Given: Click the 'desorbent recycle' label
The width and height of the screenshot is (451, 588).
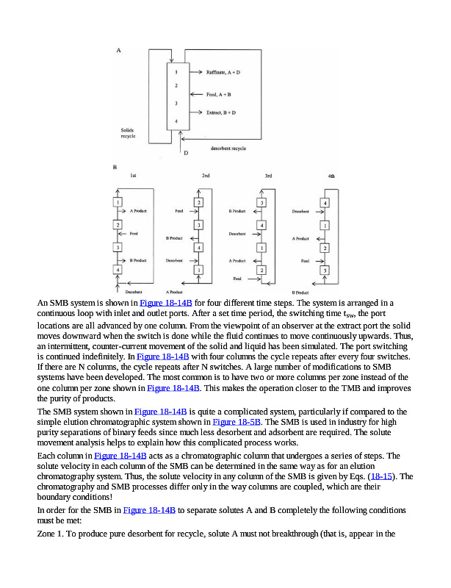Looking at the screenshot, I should click(228, 148).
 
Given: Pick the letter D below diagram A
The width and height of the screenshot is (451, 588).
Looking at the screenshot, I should click(186, 153).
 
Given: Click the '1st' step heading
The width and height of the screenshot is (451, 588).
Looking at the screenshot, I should click(132, 176).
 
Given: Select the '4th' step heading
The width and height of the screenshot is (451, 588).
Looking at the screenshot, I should click(331, 176).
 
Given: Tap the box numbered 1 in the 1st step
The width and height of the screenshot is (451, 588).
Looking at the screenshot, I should click(118, 202).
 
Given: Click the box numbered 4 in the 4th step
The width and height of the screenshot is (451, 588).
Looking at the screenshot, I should click(325, 202).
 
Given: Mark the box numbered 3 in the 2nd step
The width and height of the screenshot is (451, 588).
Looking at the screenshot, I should click(198, 224).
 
